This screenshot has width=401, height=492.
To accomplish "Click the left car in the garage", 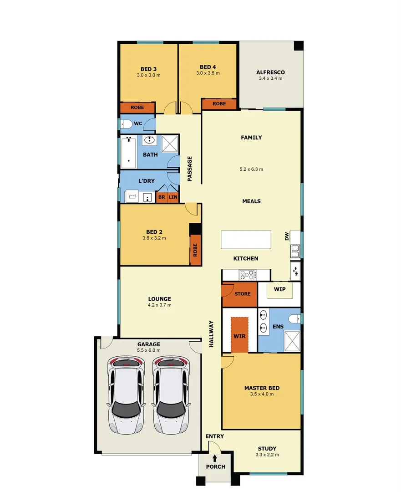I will pos(125,395).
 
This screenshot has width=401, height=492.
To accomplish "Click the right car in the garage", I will pos(171,395).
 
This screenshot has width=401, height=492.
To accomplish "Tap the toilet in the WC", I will pos(126,124).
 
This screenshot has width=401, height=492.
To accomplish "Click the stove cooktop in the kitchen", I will pos(248,275).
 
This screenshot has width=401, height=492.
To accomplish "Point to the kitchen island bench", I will pos(246,240).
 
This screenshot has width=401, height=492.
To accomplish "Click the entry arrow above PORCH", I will pos(215,458).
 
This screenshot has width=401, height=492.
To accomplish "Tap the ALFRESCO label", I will pos(270,72).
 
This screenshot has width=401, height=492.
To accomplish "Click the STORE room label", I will pos(242,294).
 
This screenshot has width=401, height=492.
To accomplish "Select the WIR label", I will pos(239,336).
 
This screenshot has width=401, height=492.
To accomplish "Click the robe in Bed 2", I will pos(195,250).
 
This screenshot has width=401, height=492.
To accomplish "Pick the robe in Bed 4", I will pos(219,104).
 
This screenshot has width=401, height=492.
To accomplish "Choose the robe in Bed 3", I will pos(137,108).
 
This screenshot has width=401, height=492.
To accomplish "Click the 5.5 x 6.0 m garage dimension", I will pos(148,351).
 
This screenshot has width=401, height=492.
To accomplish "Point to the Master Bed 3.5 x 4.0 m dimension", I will pos(262,395).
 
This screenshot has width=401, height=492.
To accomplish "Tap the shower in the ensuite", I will pos(292,341).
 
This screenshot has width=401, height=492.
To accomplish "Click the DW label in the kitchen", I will pos(287,236).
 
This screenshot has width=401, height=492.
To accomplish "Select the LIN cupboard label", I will pos(173,197).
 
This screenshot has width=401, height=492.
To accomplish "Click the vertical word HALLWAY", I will pos(211,334).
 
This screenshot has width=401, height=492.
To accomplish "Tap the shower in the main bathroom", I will pos(169,144).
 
